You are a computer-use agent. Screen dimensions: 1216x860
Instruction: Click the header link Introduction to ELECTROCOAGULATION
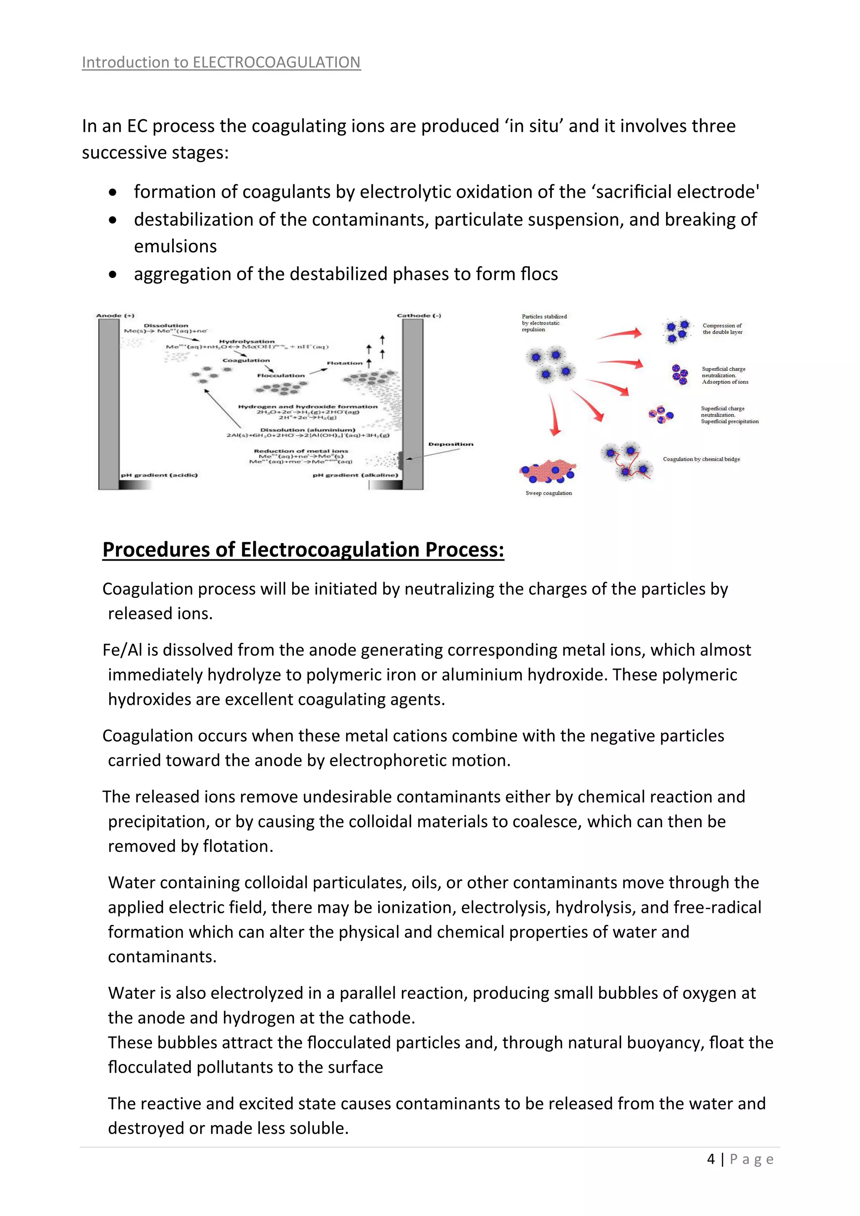tap(221, 63)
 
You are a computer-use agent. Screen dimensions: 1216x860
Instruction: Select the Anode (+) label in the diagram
tap(115, 316)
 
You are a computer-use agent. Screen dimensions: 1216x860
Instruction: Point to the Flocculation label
tap(281, 375)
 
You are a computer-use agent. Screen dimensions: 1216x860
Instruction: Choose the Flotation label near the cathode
tap(344, 363)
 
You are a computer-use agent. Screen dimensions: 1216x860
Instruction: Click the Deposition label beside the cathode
tap(451, 444)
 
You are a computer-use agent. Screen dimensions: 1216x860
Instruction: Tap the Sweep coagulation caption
tap(548, 493)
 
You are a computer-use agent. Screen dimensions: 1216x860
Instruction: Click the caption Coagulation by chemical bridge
tap(701, 459)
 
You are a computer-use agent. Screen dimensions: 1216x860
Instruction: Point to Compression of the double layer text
tap(722, 329)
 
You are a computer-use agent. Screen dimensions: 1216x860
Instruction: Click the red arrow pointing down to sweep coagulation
tap(554, 416)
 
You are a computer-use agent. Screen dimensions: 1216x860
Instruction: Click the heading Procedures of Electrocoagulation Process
tap(303, 550)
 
